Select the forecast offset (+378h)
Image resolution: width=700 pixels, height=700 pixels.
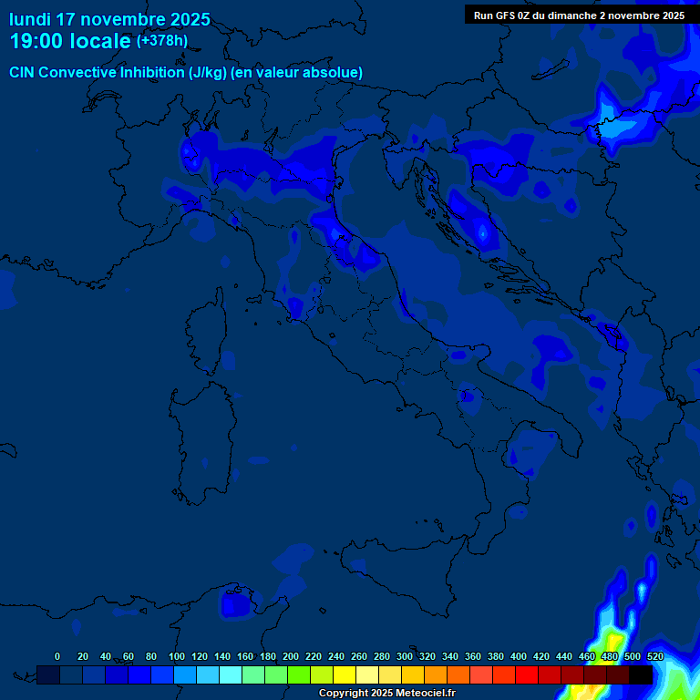pos(161,41)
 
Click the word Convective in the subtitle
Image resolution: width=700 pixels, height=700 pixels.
pos(78,73)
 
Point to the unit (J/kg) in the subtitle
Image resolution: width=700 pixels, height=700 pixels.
pos(209,73)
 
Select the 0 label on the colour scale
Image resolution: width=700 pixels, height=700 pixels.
pos(57,656)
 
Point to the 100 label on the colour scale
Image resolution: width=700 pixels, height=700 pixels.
pos(177,656)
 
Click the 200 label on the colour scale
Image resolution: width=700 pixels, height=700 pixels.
pos(291,656)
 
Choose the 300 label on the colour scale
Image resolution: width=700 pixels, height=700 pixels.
pos(405,656)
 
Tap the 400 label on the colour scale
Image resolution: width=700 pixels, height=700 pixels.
pos(519,656)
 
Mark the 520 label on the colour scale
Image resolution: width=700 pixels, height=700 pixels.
pos(654,656)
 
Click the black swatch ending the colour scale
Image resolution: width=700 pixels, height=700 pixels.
pos(641,674)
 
